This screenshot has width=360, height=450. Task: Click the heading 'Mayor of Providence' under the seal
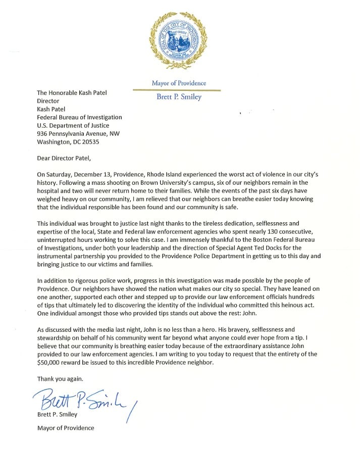coord(179,83)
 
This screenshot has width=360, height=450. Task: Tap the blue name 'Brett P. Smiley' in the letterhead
coord(179,97)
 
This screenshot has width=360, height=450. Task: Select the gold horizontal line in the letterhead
coord(177,90)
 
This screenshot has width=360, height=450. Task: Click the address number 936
coord(44,134)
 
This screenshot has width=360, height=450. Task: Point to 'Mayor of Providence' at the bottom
coord(66,428)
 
